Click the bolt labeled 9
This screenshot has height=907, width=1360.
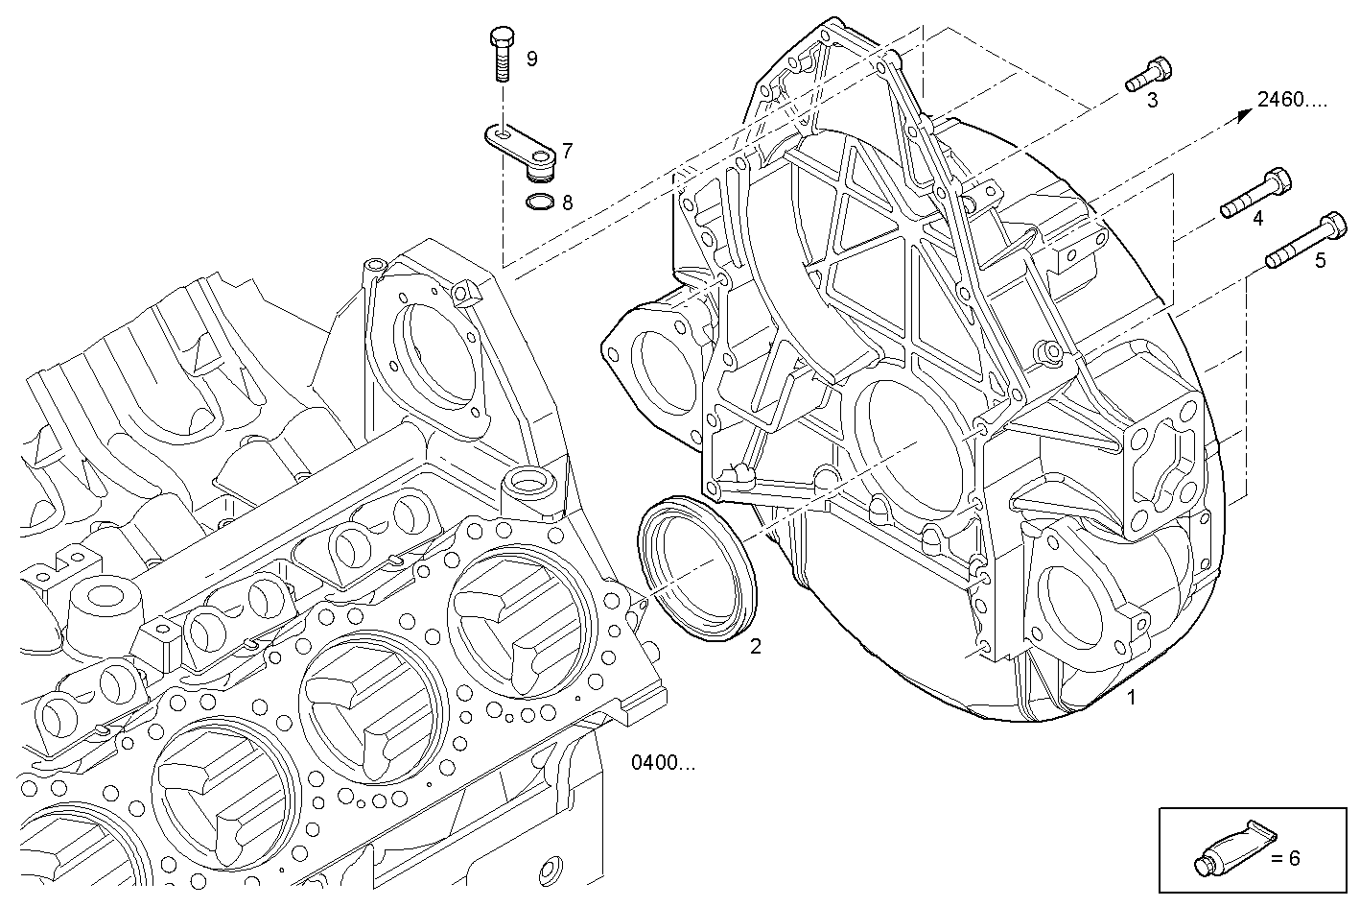(502, 56)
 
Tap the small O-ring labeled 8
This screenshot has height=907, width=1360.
(540, 203)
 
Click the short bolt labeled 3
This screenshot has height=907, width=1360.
(1148, 74)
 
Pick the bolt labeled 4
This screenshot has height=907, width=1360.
(1255, 193)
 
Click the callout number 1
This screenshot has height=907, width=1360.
(1132, 698)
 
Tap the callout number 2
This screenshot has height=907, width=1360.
(756, 647)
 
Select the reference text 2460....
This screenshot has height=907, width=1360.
(1292, 99)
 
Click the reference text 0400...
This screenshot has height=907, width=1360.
(664, 763)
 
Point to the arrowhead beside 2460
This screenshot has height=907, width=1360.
(1244, 114)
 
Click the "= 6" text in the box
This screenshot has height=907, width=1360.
(1285, 858)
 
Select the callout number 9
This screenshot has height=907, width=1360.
(531, 59)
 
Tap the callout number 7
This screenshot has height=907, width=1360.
(567, 151)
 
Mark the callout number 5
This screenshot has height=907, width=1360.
(1320, 260)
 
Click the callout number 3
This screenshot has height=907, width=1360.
(1153, 100)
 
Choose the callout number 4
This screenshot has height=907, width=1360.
(1257, 219)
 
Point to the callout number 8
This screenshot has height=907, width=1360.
(567, 203)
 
